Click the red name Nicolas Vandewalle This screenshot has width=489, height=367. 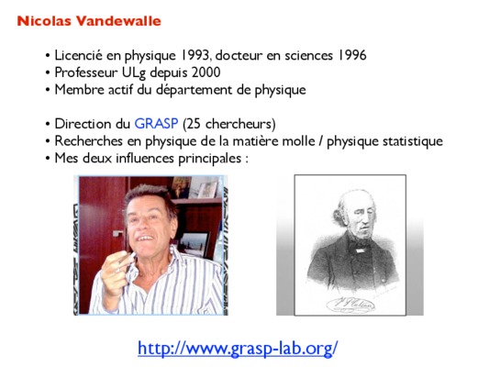[89, 21]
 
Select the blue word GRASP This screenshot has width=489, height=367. [156, 124]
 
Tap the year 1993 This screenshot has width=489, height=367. [195, 55]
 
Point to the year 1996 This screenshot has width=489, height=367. [351, 55]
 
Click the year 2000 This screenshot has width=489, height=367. [206, 72]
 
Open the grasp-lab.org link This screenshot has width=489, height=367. [238, 348]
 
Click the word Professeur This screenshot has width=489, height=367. [86, 72]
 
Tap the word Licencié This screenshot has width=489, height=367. [78, 55]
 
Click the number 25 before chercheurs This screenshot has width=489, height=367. [194, 124]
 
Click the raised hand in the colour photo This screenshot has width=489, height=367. [117, 272]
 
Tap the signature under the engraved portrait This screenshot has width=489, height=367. [350, 305]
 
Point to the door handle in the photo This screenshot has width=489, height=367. [117, 233]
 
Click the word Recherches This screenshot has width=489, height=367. [89, 141]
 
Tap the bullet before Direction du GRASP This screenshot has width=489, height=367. [48, 125]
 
